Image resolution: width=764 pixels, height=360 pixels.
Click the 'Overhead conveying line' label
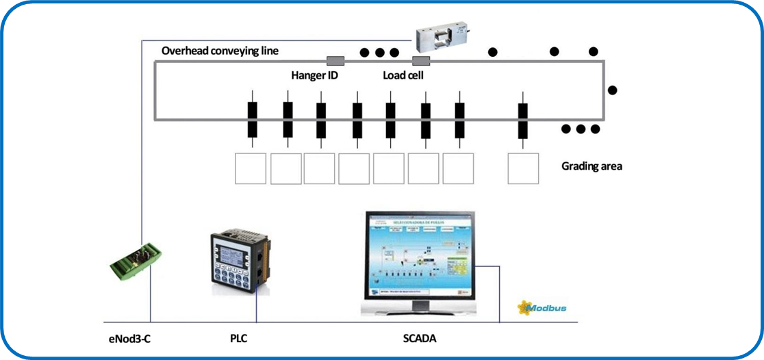click(220, 51)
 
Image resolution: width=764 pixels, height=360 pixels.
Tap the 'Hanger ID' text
click(314, 75)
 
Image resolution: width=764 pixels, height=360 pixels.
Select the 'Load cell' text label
click(403, 75)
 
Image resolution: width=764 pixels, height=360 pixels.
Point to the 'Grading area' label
click(591, 166)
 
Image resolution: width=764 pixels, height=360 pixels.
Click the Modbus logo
click(542, 307)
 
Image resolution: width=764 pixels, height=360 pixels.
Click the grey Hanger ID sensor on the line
click(335, 61)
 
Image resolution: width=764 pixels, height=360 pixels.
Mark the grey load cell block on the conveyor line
click(420, 62)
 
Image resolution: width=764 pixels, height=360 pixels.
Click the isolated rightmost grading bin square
click(523, 168)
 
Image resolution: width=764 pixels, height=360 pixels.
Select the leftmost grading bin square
click(251, 168)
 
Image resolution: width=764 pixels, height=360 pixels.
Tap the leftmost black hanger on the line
click(252, 119)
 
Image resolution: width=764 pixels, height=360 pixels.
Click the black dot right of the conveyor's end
click(613, 90)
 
